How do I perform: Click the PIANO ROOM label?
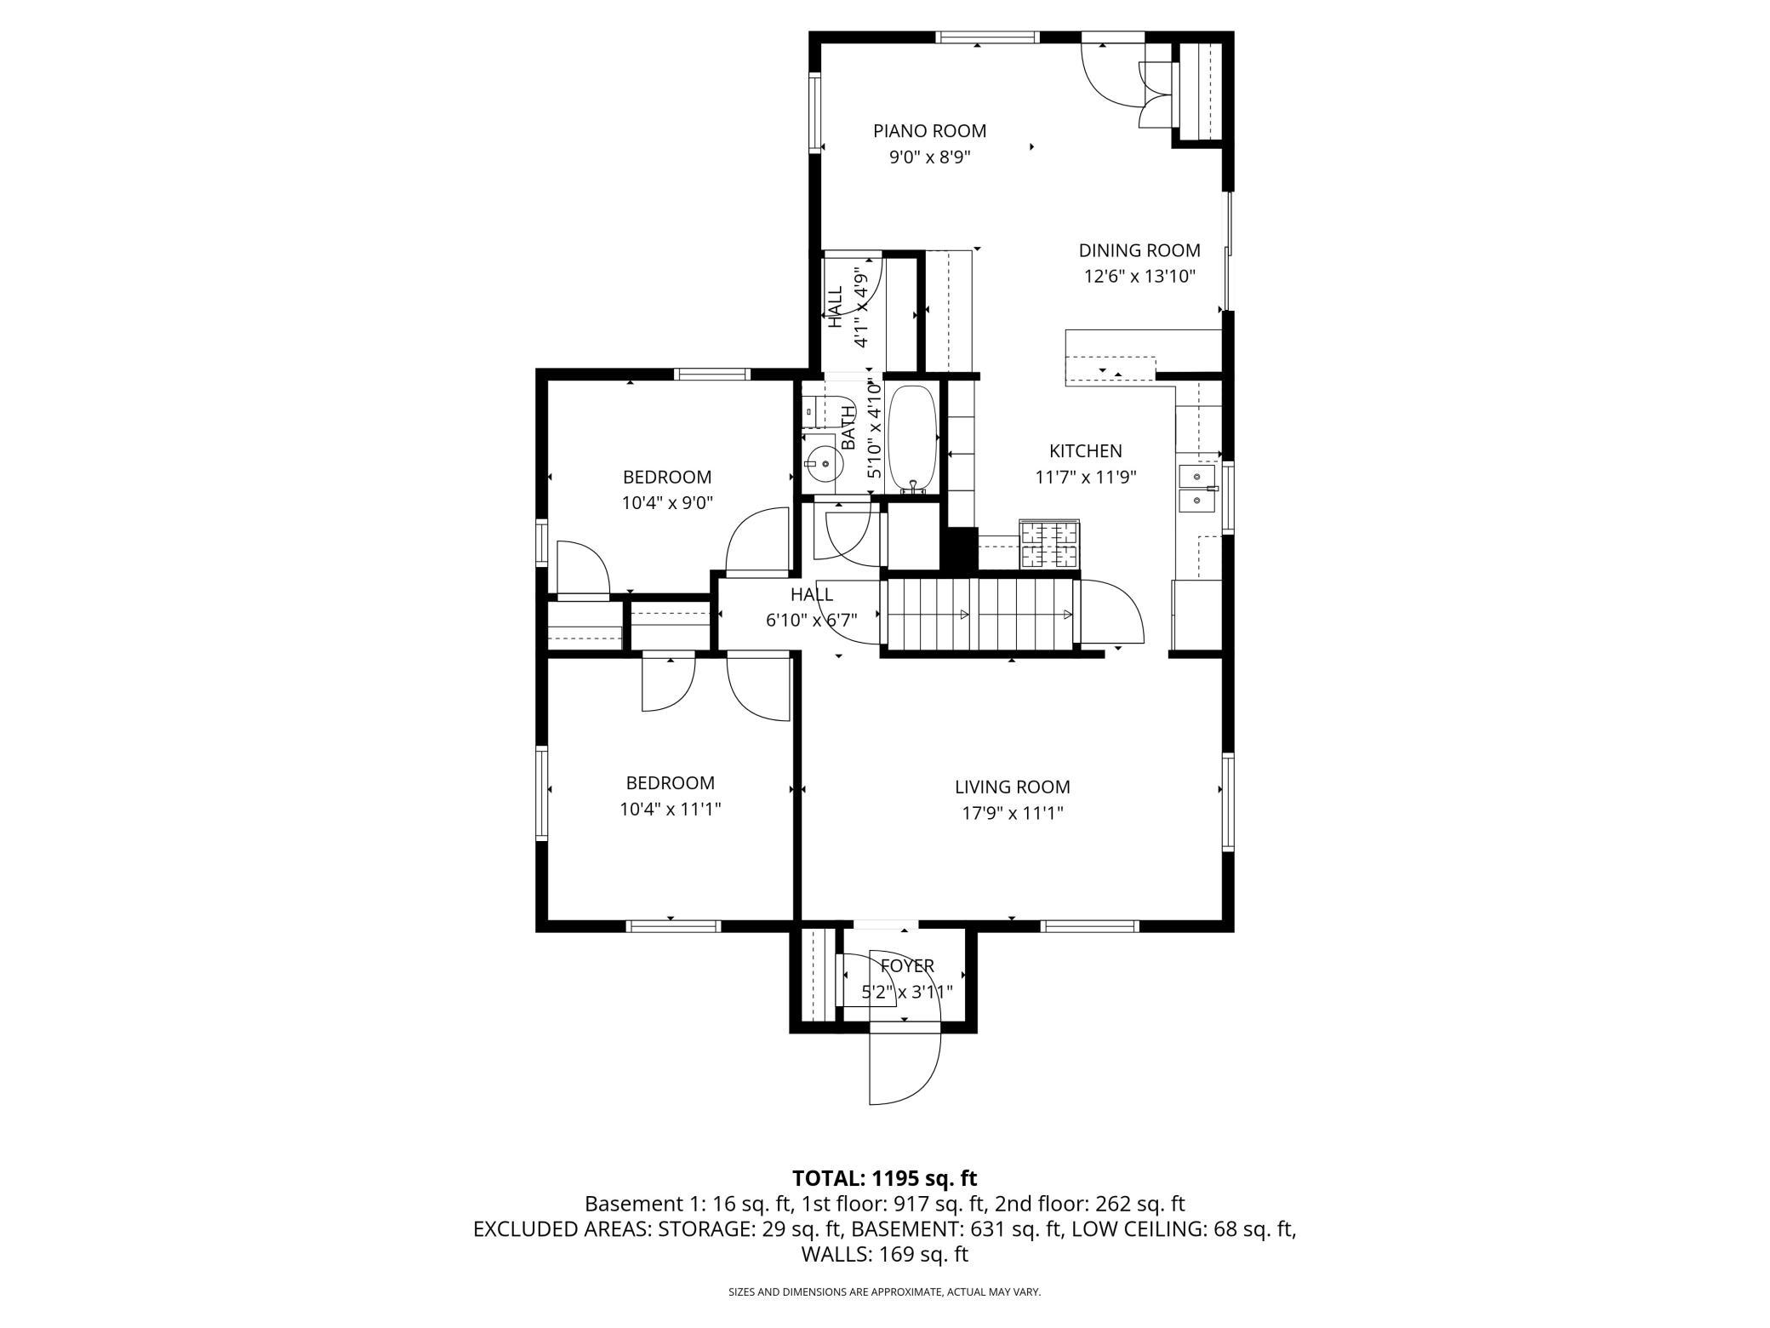929,131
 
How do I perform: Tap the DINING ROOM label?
1139,250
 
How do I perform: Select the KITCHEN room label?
1086,451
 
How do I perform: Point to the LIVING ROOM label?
1012,787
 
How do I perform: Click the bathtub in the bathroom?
913,439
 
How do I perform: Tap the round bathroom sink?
824,464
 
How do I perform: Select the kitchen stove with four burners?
1050,544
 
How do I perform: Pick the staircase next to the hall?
980,615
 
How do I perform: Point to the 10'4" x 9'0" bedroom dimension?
667,503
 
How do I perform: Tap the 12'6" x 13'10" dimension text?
1139,277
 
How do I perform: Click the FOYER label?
907,966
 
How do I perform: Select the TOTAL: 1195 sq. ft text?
885,1178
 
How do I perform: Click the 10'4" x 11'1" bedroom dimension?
671,809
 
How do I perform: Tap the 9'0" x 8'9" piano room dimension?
930,157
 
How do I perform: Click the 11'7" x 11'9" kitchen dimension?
1086,478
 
